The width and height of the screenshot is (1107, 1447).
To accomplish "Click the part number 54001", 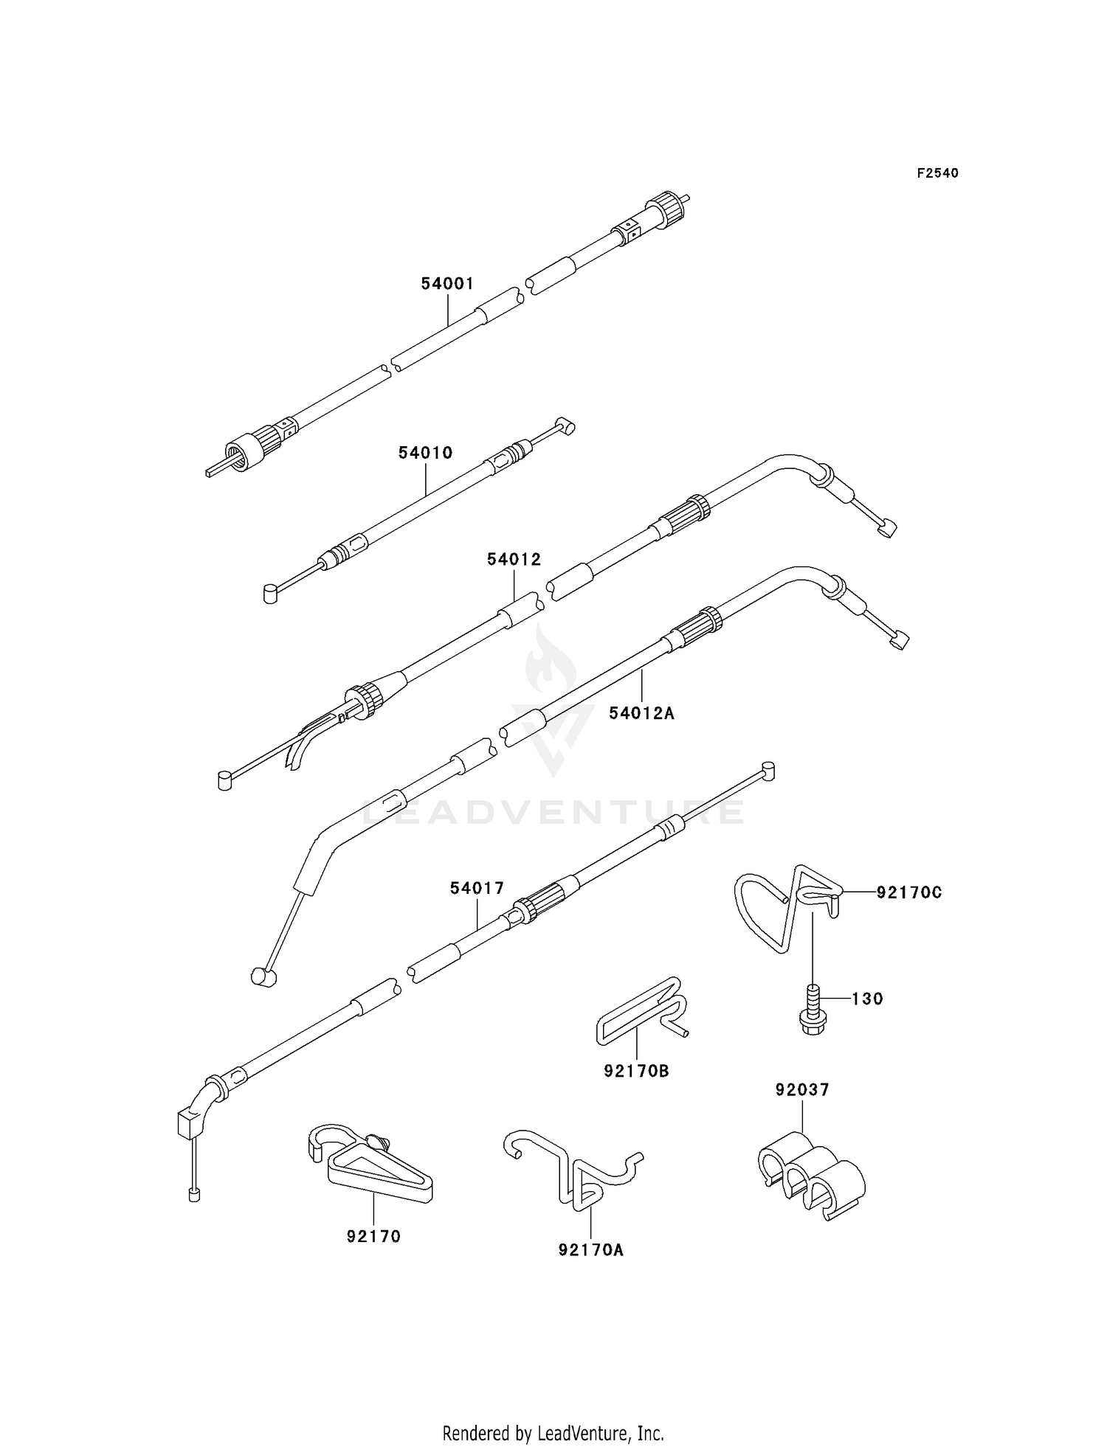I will click(x=447, y=284).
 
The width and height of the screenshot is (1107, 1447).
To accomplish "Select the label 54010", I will click(x=425, y=453).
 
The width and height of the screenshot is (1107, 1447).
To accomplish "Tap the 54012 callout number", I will click(x=514, y=560).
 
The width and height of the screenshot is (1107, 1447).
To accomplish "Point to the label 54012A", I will click(x=641, y=713).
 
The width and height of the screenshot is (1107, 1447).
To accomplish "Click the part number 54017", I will click(x=477, y=889).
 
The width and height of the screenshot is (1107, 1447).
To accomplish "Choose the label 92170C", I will click(x=909, y=892).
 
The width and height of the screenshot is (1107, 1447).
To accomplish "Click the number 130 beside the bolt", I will click(x=867, y=999).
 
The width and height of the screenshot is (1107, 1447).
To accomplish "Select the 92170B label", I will click(x=636, y=1071).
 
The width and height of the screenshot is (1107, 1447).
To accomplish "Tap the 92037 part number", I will click(x=802, y=1089).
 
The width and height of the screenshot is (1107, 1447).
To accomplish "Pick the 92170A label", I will click(x=591, y=1250).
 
